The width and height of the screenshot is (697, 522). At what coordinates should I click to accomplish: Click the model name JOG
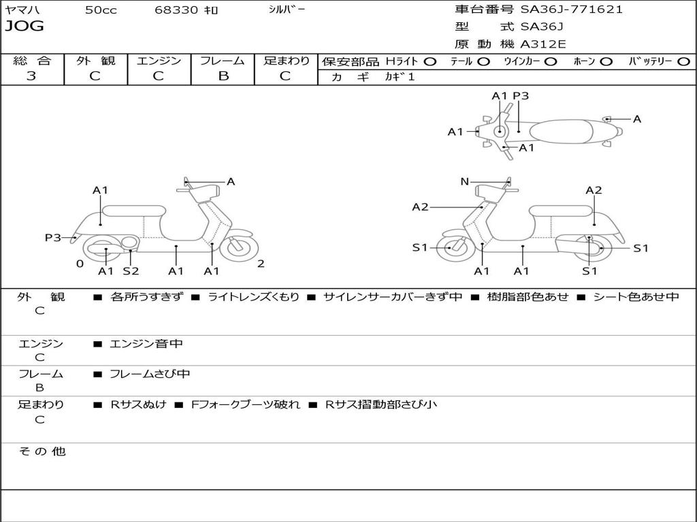(24, 27)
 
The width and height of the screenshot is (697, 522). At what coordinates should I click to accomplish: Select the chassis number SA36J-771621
(571, 10)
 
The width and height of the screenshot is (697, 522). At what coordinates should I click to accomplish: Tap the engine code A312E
(542, 44)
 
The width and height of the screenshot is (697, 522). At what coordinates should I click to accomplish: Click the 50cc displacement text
(101, 10)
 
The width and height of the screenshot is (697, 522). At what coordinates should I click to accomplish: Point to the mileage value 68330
(177, 10)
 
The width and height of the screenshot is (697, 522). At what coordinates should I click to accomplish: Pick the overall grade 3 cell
(31, 75)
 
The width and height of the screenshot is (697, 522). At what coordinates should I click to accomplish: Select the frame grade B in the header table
(223, 75)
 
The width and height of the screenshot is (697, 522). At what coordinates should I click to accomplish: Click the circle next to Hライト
(430, 61)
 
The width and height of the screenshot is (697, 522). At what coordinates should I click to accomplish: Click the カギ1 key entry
(400, 77)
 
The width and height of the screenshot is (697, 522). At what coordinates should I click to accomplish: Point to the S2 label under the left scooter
(131, 271)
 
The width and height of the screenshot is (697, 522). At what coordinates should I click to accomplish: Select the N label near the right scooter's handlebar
(465, 181)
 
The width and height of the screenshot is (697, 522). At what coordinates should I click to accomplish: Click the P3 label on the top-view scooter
(521, 96)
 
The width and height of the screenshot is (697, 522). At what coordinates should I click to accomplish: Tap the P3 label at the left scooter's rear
(53, 237)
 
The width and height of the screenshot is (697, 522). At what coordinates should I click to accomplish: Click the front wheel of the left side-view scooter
(239, 248)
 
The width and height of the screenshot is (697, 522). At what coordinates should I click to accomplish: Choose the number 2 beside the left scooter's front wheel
(261, 264)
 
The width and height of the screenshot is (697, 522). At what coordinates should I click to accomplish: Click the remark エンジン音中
(146, 344)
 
